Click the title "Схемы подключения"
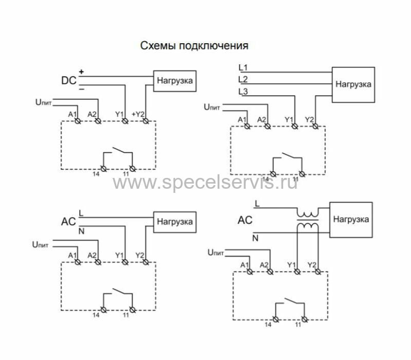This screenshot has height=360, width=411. click(194, 46)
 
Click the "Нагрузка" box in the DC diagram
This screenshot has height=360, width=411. click(174, 81)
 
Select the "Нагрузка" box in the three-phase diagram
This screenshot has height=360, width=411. click(353, 84)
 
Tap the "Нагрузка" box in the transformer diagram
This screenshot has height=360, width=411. click(350, 219)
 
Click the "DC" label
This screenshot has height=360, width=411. click(68, 81)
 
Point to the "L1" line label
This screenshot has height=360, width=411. click(243, 67)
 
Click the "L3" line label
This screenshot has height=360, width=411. click(243, 92)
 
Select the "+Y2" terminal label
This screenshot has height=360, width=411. click(138, 114)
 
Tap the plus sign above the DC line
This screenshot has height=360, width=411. click(81, 71)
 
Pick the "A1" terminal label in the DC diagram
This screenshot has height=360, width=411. click(72, 114)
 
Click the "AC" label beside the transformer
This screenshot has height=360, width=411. click(245, 221)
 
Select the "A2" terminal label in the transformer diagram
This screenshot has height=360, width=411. click(265, 264)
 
